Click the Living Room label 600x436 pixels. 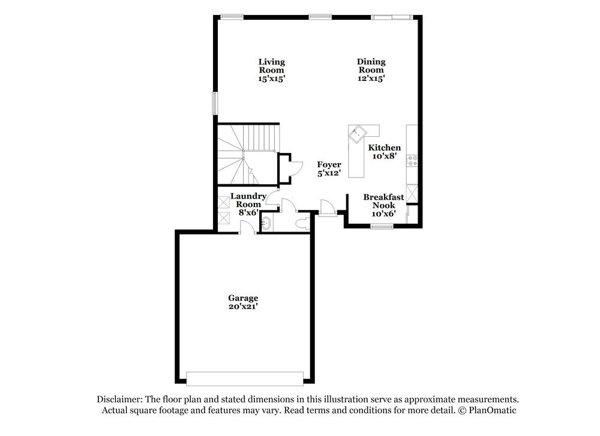coord(271,65)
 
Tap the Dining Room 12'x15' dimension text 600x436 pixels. coord(371,78)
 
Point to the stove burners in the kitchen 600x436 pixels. coord(412,160)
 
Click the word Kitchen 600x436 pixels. coord(384,148)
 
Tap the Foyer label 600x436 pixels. coord(329,164)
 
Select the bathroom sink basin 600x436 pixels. coord(266,224)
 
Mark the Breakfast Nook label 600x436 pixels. coord(383,201)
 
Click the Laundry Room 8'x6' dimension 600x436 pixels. coord(248,212)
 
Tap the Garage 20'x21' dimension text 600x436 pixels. coord(243,306)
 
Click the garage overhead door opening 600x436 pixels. coord(245,378)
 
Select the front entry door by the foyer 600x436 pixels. coord(327,208)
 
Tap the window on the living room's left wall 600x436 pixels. coord(214,103)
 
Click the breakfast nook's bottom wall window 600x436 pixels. coord(381,226)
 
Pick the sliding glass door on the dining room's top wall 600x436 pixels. coord(392,17)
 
